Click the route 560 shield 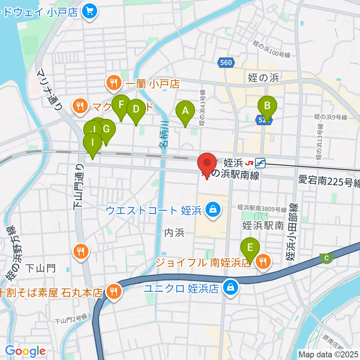tap(226, 63)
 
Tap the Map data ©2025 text tap(328, 354)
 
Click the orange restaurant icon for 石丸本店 tap(113, 292)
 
